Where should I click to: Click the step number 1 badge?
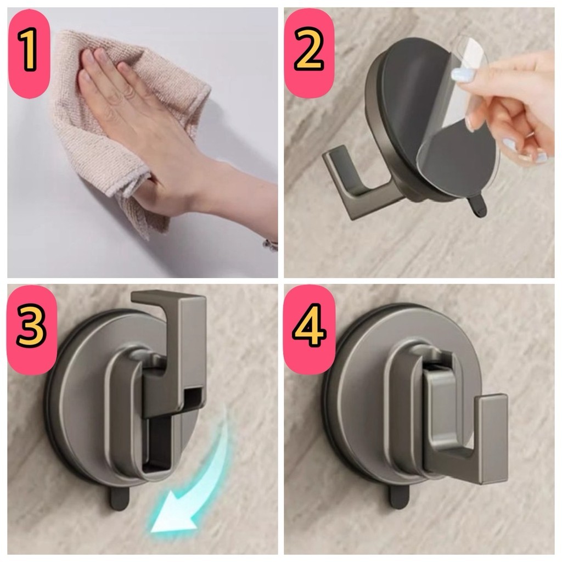[x=29, y=53]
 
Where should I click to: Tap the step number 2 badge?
[x=309, y=53]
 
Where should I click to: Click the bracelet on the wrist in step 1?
[x=271, y=245]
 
